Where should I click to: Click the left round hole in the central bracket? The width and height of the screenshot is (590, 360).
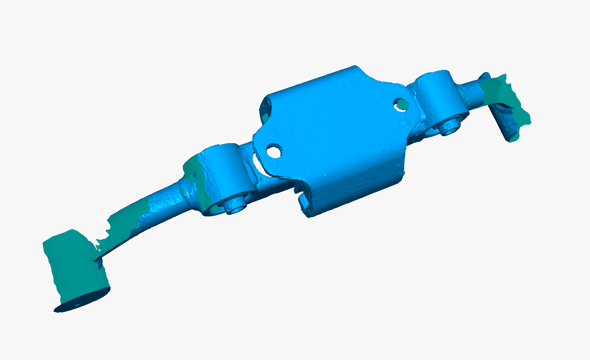(274, 150)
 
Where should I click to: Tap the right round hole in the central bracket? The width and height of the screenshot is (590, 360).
(400, 104)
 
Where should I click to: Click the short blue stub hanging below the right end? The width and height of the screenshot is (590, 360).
(502, 126)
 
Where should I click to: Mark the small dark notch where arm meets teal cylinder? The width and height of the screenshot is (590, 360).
(98, 263)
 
